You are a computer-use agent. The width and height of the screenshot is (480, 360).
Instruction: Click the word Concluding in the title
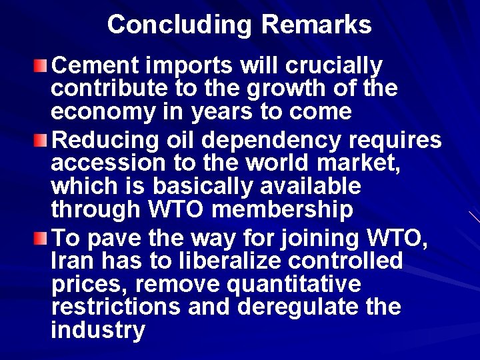pos(179,25)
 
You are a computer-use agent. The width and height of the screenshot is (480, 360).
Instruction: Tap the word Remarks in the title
pos(317,25)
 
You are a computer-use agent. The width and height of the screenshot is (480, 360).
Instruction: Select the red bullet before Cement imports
pos(42,65)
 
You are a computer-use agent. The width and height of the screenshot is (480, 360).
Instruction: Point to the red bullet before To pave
pos(42,238)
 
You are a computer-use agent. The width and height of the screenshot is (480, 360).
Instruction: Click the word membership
pos(282,209)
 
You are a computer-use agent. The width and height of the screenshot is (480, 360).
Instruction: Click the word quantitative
pos(294,285)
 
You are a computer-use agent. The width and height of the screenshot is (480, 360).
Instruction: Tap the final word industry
pos(97,330)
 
